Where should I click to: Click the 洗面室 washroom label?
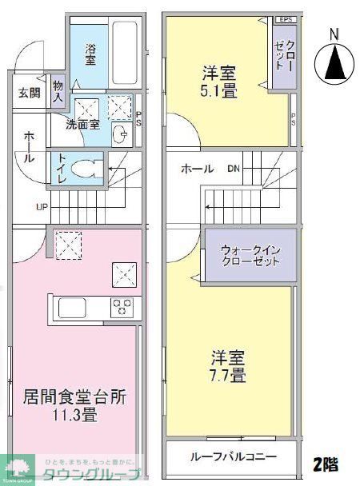click(82, 124)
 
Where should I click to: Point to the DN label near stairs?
click(233, 169)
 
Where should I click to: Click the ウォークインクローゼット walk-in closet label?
click(250, 255)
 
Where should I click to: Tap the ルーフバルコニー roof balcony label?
click(233, 457)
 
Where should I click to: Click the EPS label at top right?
click(285, 19)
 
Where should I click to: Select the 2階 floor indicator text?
click(324, 463)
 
